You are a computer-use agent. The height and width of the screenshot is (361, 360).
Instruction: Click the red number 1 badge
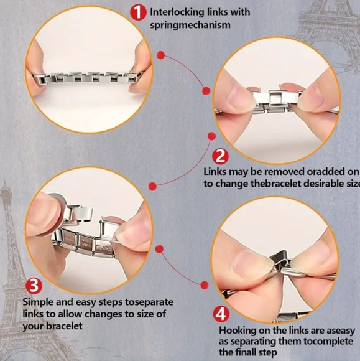tap(138, 12)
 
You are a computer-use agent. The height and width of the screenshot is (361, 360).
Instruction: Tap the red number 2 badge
tap(220, 157)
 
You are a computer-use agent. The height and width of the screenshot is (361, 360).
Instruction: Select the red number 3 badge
tap(34, 286)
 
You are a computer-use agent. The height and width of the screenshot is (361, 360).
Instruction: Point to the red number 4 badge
tap(221, 314)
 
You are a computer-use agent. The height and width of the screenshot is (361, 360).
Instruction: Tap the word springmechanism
tap(190, 25)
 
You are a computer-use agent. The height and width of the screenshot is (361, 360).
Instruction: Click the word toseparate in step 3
tap(149, 302)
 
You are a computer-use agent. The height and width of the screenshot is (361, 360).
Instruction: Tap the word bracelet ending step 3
tap(64, 326)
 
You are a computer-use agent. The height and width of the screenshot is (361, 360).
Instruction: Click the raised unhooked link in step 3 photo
tap(80, 213)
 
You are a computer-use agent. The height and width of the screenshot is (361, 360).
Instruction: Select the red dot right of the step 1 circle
tap(161, 55)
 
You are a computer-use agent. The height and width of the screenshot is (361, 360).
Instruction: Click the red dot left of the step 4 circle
tap(205, 285)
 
